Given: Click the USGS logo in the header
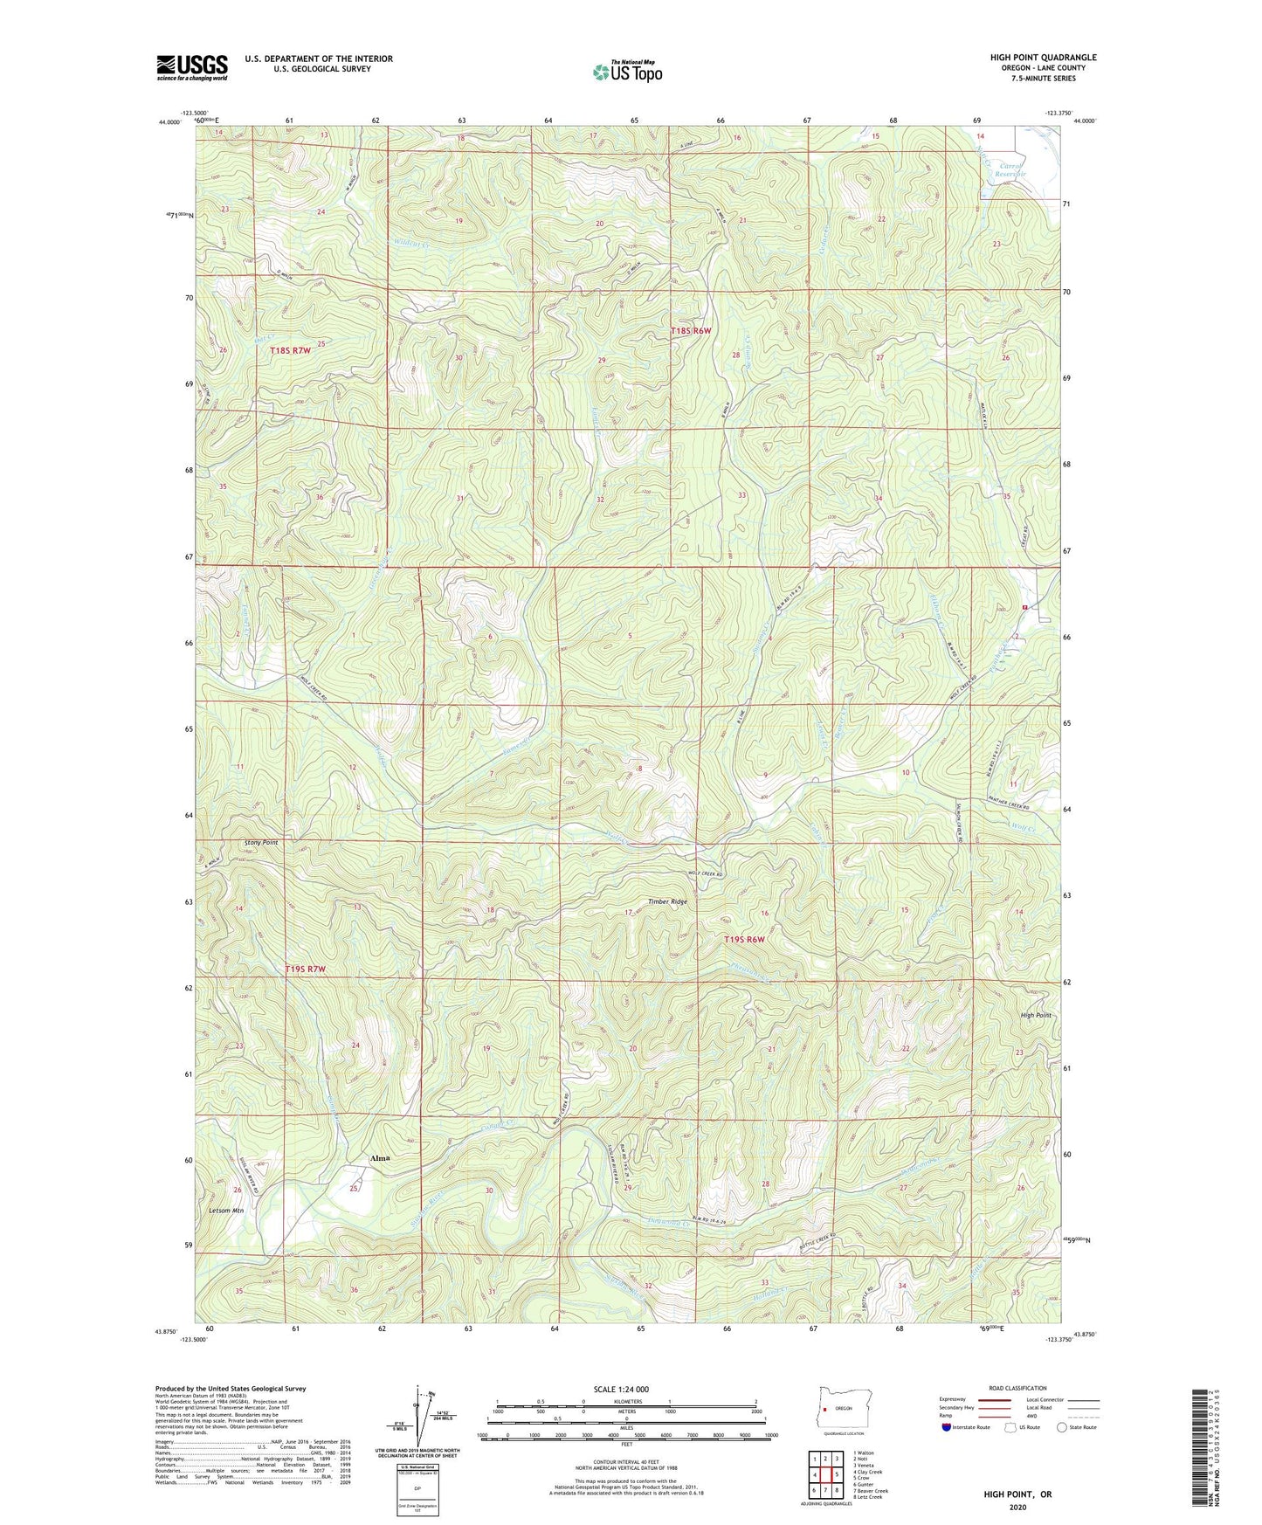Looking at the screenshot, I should click(x=192, y=67).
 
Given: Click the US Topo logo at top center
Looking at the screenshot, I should click(x=626, y=72).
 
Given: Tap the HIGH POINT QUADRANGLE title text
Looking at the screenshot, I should click(x=1043, y=58).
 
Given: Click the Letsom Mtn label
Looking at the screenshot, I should click(x=226, y=1211).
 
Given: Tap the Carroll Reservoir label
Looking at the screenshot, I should click(x=1009, y=169).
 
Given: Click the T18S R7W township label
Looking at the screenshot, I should click(x=290, y=350).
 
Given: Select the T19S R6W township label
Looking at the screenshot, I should click(x=744, y=940).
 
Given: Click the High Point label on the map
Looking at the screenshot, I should click(x=1036, y=1016).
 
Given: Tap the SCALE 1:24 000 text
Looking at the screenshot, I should click(x=626, y=1390).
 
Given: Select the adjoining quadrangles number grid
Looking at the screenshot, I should click(x=825, y=1476).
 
